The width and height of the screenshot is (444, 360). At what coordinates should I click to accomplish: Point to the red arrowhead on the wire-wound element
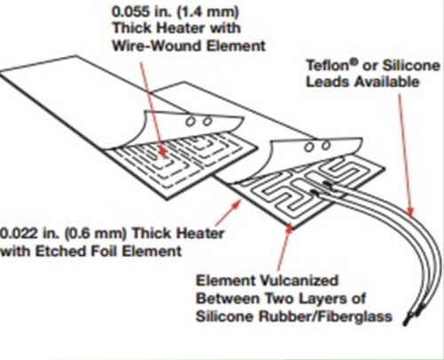pos(163,153)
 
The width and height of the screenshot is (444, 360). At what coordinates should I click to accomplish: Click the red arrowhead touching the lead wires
pos(410,211)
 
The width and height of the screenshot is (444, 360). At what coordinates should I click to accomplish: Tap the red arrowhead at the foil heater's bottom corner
pos(289,228)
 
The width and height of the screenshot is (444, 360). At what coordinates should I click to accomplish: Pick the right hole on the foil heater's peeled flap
pos(326,146)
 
